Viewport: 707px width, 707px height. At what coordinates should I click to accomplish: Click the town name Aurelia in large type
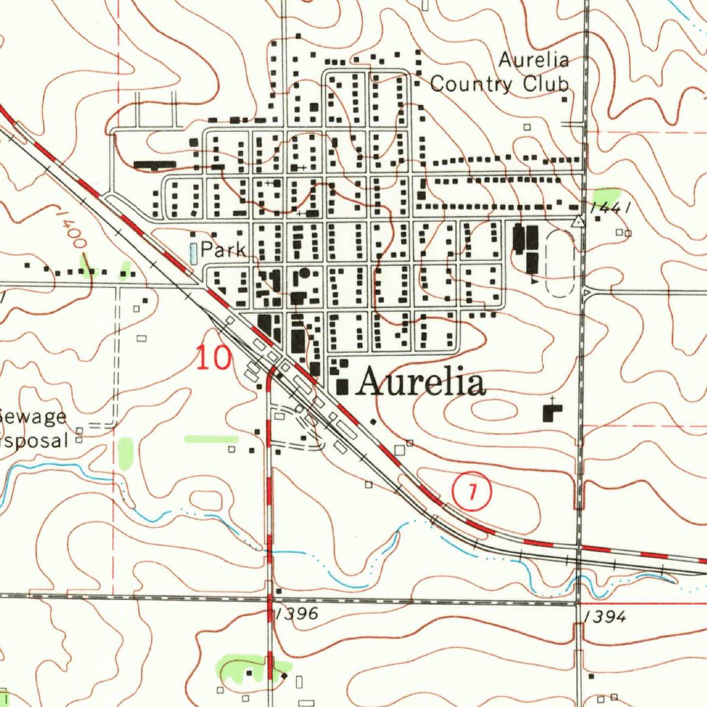coord(420,383)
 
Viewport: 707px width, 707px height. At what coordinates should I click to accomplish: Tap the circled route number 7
coord(472,492)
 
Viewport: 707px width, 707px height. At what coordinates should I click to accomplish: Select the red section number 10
coord(213,358)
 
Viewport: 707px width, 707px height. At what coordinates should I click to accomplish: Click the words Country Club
coord(500,84)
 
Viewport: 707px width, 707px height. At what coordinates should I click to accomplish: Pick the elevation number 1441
coord(612,207)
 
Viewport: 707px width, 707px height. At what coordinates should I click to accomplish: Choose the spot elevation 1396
coord(296,614)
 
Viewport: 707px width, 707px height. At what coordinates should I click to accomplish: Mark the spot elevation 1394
coord(605,617)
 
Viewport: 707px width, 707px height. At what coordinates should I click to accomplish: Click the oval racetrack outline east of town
coord(560,263)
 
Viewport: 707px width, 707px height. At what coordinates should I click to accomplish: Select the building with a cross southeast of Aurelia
coord(552,412)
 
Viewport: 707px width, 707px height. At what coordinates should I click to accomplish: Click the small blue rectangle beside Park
coord(193,253)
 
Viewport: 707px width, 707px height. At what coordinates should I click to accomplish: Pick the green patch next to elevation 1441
coord(606,196)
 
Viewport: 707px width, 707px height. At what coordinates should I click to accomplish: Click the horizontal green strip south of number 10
coord(211,438)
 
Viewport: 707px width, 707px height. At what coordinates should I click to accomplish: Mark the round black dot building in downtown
coord(304,273)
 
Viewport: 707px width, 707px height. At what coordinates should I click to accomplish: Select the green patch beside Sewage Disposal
coord(125,454)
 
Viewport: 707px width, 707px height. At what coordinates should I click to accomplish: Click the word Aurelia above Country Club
coord(534,60)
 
